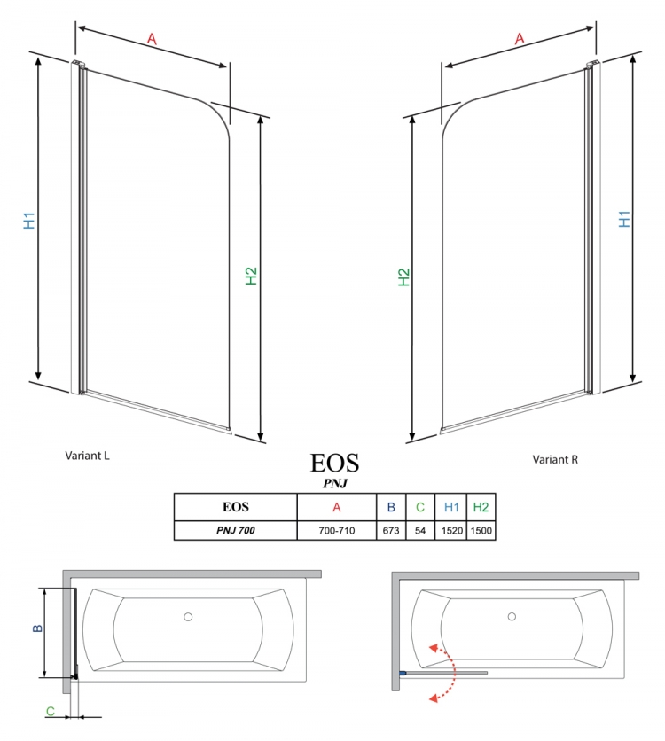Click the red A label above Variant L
152,38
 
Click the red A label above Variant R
520,38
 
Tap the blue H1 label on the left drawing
29,221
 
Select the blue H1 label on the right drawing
624,219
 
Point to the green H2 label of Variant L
251,276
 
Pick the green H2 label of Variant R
403,277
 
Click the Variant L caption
87,456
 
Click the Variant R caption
555,459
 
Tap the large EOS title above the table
334,463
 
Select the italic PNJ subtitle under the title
335,483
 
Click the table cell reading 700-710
337,531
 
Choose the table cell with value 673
391,531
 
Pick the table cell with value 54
420,531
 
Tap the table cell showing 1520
451,531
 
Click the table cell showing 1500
481,531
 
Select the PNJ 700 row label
235,531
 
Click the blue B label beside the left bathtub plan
37,628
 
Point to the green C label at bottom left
51,711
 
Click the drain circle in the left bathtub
188,617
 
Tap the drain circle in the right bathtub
512,617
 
